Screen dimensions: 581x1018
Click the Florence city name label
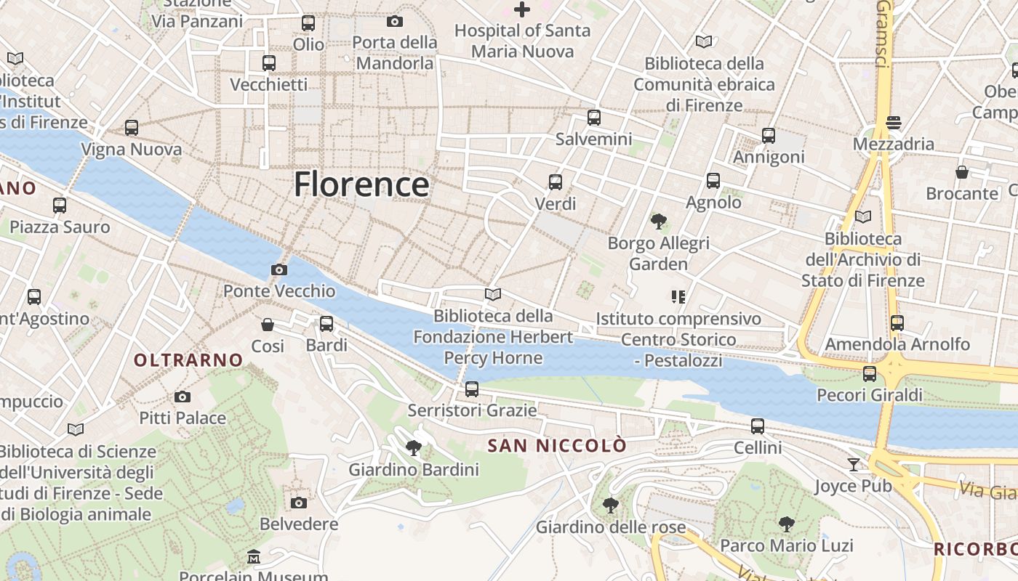click(x=361, y=184)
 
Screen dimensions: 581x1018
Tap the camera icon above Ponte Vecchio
click(x=278, y=269)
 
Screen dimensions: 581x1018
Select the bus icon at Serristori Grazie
click(x=472, y=389)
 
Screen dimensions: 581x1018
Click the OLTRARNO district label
click(x=188, y=359)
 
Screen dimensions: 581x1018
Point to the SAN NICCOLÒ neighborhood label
click(x=556, y=445)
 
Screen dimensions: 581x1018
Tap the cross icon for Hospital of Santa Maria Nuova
click(x=522, y=9)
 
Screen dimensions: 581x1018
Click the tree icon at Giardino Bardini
click(x=414, y=447)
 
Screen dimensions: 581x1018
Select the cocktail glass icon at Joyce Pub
click(x=854, y=464)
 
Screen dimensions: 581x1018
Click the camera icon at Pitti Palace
click(x=183, y=397)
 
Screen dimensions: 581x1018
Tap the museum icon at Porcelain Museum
click(x=253, y=557)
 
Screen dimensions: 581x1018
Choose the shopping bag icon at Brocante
click(x=962, y=172)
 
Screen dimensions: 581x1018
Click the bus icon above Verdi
click(x=556, y=182)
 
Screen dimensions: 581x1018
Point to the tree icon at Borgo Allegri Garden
click(x=659, y=221)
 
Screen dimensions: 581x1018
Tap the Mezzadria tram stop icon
click(x=894, y=122)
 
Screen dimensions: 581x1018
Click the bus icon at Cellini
click(x=758, y=426)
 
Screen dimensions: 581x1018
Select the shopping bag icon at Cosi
click(x=268, y=324)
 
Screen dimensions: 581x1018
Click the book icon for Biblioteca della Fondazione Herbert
click(x=493, y=294)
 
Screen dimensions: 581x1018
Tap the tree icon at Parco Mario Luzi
click(x=786, y=524)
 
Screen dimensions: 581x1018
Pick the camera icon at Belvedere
click(x=298, y=503)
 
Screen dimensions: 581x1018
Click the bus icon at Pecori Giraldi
click(x=869, y=373)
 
